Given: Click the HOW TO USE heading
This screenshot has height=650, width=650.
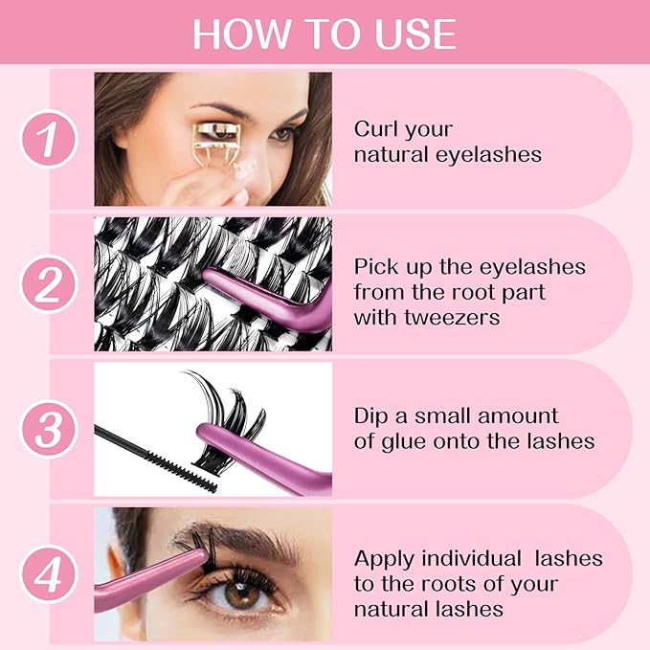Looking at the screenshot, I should tap(325, 34).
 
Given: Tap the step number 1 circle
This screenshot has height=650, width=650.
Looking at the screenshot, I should tap(49, 140).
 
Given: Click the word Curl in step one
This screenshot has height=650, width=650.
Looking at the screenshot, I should tap(375, 129).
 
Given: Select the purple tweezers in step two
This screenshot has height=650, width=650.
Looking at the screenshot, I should tap(278, 299).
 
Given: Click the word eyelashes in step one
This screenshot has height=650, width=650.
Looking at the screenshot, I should tap(489, 154).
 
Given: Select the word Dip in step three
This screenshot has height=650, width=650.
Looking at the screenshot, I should tap(370, 416).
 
